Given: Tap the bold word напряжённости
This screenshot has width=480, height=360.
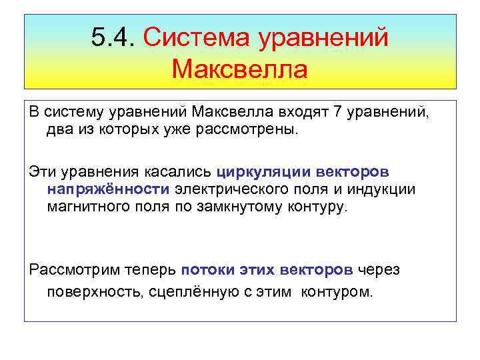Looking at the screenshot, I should point(109,189).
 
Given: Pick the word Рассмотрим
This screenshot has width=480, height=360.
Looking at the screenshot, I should point(71,269).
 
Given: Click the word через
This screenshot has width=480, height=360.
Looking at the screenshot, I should point(379,269).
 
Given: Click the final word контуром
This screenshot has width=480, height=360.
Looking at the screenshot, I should point(337,291).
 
